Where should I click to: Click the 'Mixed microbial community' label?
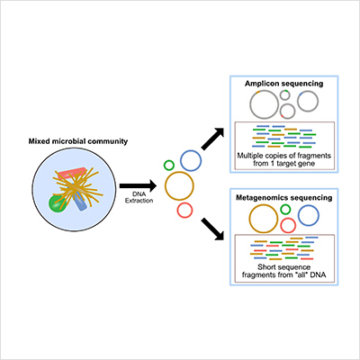(78, 141)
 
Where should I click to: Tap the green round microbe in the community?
(56, 204)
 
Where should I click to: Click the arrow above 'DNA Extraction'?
(138, 186)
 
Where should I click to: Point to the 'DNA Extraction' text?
(139, 198)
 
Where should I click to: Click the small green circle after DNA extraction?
(169, 166)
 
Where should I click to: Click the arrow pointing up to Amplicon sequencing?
(213, 139)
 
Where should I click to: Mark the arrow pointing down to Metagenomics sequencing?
(213, 229)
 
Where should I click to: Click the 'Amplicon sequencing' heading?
(283, 84)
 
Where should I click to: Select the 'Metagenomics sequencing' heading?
(283, 198)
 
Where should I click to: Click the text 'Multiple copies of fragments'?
(283, 156)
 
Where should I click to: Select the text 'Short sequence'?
(283, 267)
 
